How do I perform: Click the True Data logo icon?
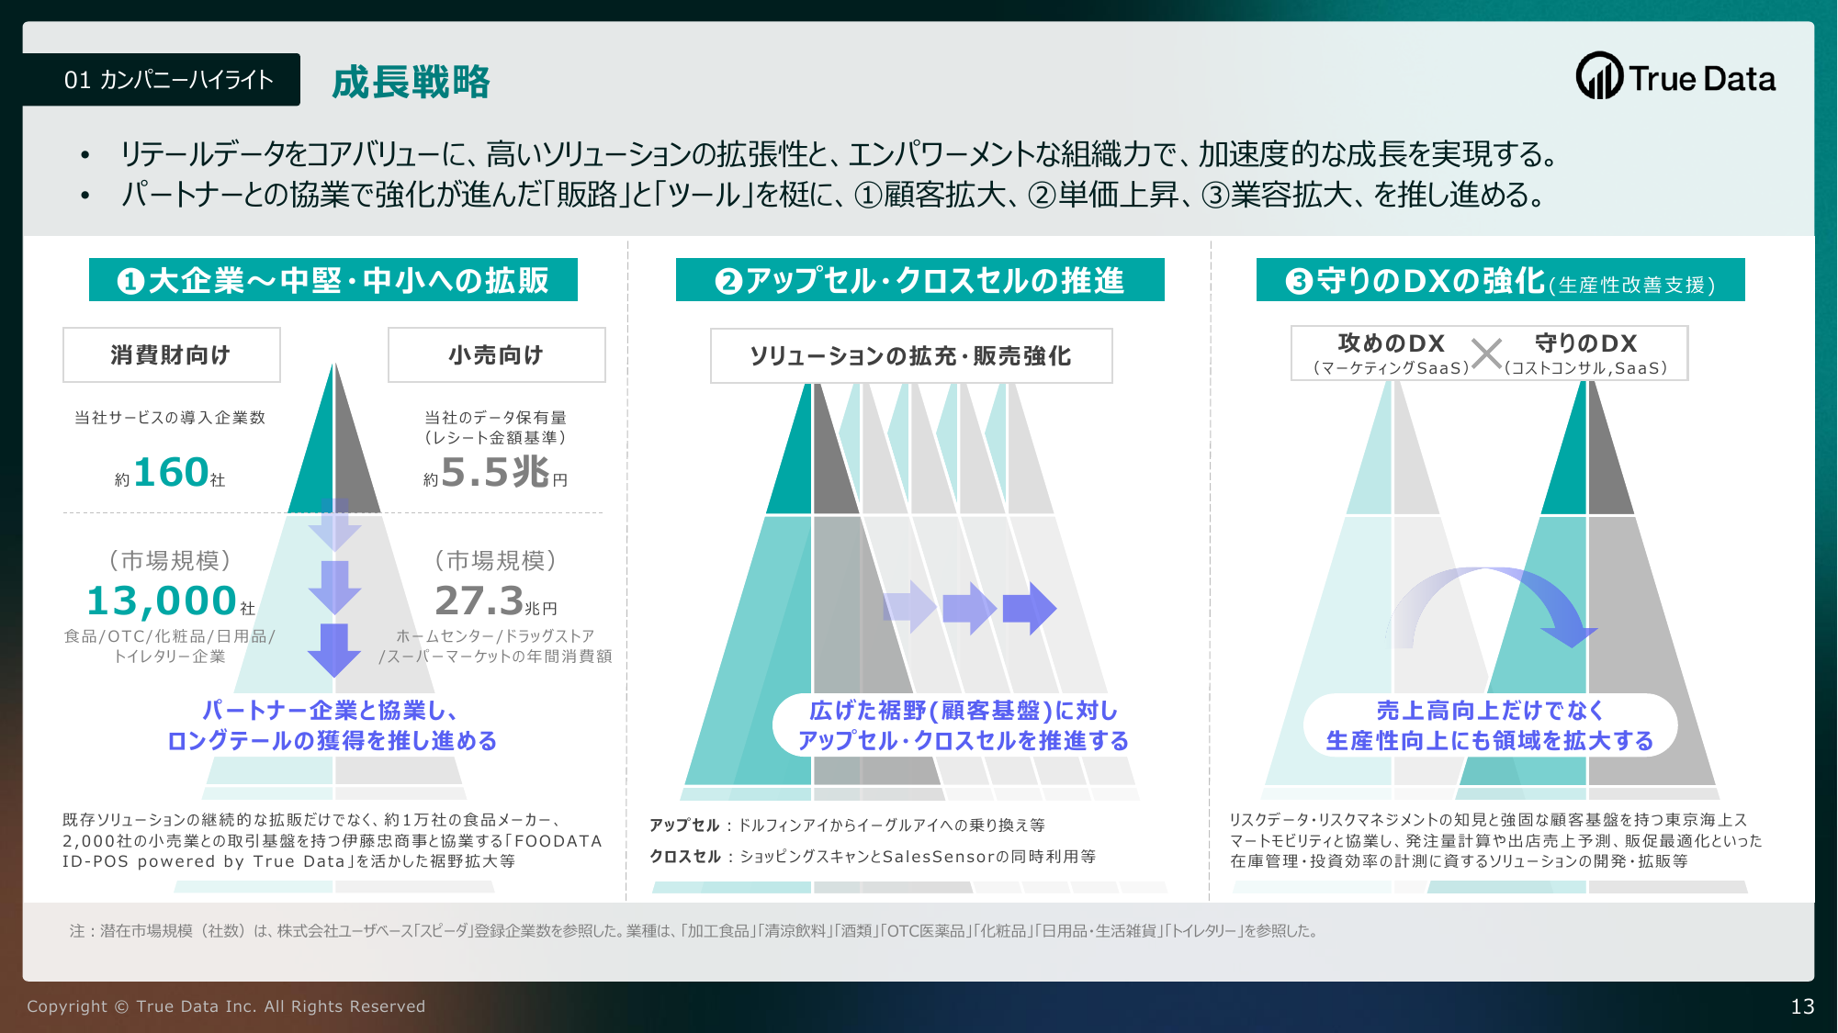click(1599, 76)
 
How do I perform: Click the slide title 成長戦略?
click(411, 82)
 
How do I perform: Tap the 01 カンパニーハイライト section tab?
click(162, 80)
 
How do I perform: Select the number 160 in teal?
click(171, 472)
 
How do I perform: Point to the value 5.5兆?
click(495, 472)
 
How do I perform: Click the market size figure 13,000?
click(162, 601)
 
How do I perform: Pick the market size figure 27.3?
click(479, 601)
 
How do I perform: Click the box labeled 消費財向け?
click(172, 354)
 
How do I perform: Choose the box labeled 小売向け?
click(496, 354)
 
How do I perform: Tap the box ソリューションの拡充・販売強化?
click(911, 355)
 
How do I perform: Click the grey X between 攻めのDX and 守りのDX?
click(1486, 354)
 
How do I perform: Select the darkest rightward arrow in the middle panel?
click(1030, 608)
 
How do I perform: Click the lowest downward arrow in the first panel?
click(334, 649)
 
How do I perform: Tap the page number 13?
click(1802, 1006)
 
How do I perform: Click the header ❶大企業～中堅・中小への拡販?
click(333, 280)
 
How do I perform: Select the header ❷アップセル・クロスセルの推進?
click(920, 280)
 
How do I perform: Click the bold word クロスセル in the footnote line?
click(685, 856)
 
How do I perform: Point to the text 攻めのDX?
click(1392, 343)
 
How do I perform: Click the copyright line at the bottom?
click(226, 1006)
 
